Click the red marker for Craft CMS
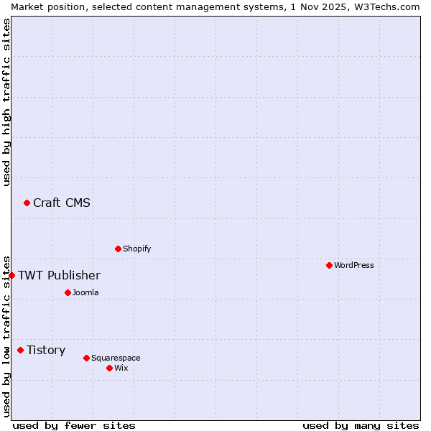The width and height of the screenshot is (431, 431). [x=27, y=203]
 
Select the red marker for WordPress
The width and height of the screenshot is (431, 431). [x=329, y=266]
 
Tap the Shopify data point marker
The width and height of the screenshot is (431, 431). [x=118, y=249]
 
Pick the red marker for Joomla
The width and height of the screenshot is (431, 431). [x=68, y=293]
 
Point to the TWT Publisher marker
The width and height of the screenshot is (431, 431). [x=11, y=276]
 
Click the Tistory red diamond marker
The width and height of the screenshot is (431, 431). [x=20, y=351]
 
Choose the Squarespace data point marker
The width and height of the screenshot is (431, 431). [x=86, y=358]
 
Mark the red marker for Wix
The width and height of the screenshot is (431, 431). [x=109, y=369]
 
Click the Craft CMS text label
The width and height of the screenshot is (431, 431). [x=62, y=203]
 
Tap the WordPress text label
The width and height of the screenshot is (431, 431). [x=354, y=266]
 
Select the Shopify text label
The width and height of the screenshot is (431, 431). [x=137, y=249]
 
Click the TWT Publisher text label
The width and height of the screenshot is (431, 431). [x=59, y=276]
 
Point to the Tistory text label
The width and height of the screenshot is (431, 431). [x=46, y=351]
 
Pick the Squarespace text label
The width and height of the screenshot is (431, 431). [x=116, y=358]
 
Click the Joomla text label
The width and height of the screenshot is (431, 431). [x=85, y=293]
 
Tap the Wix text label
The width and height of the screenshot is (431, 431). [x=121, y=369]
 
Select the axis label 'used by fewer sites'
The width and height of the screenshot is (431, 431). [x=74, y=425]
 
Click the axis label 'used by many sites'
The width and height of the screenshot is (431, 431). [x=361, y=425]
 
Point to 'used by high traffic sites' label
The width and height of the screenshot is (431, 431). [x=6, y=102]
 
